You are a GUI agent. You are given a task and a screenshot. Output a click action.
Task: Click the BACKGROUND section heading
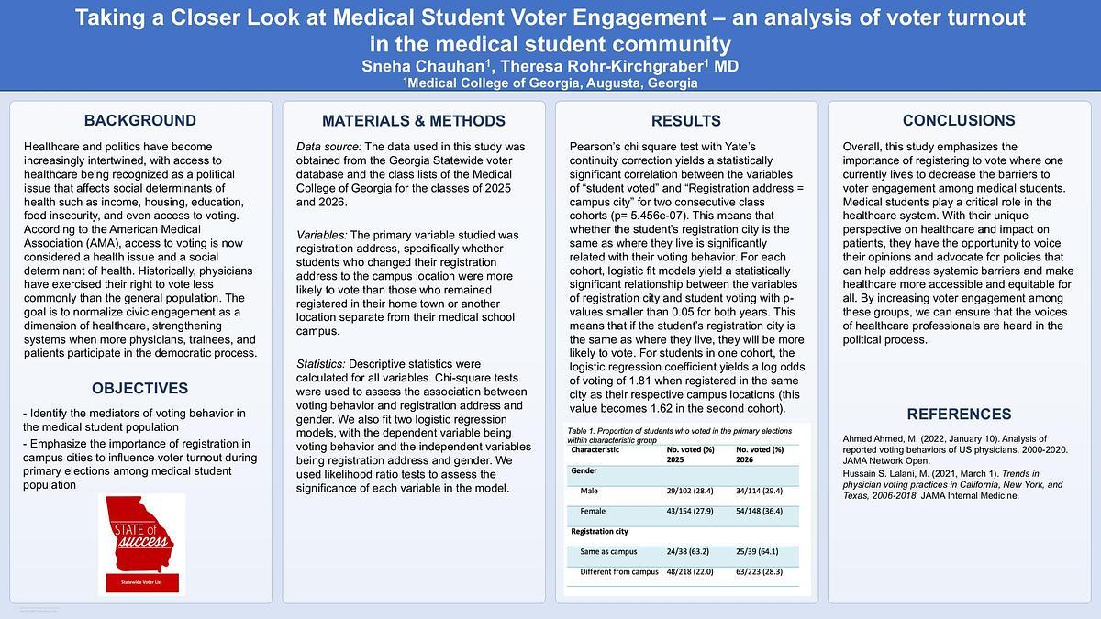(x=140, y=120)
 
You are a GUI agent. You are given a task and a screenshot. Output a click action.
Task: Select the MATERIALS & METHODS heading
(x=414, y=121)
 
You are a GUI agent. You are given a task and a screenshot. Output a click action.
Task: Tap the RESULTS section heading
(x=685, y=121)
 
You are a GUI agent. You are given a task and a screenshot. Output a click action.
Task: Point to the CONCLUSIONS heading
(x=959, y=120)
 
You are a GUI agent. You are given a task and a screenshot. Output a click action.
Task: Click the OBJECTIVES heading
(x=140, y=388)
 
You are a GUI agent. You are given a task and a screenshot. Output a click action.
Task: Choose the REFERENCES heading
(x=959, y=414)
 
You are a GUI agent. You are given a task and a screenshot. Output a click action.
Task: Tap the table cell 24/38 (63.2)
(x=691, y=551)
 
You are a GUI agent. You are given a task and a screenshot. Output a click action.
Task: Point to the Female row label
(x=593, y=511)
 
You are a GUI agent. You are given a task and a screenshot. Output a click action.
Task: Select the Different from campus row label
(x=619, y=571)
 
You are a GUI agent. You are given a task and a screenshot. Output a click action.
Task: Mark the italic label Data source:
(x=328, y=147)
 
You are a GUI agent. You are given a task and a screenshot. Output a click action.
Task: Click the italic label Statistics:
(x=321, y=364)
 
